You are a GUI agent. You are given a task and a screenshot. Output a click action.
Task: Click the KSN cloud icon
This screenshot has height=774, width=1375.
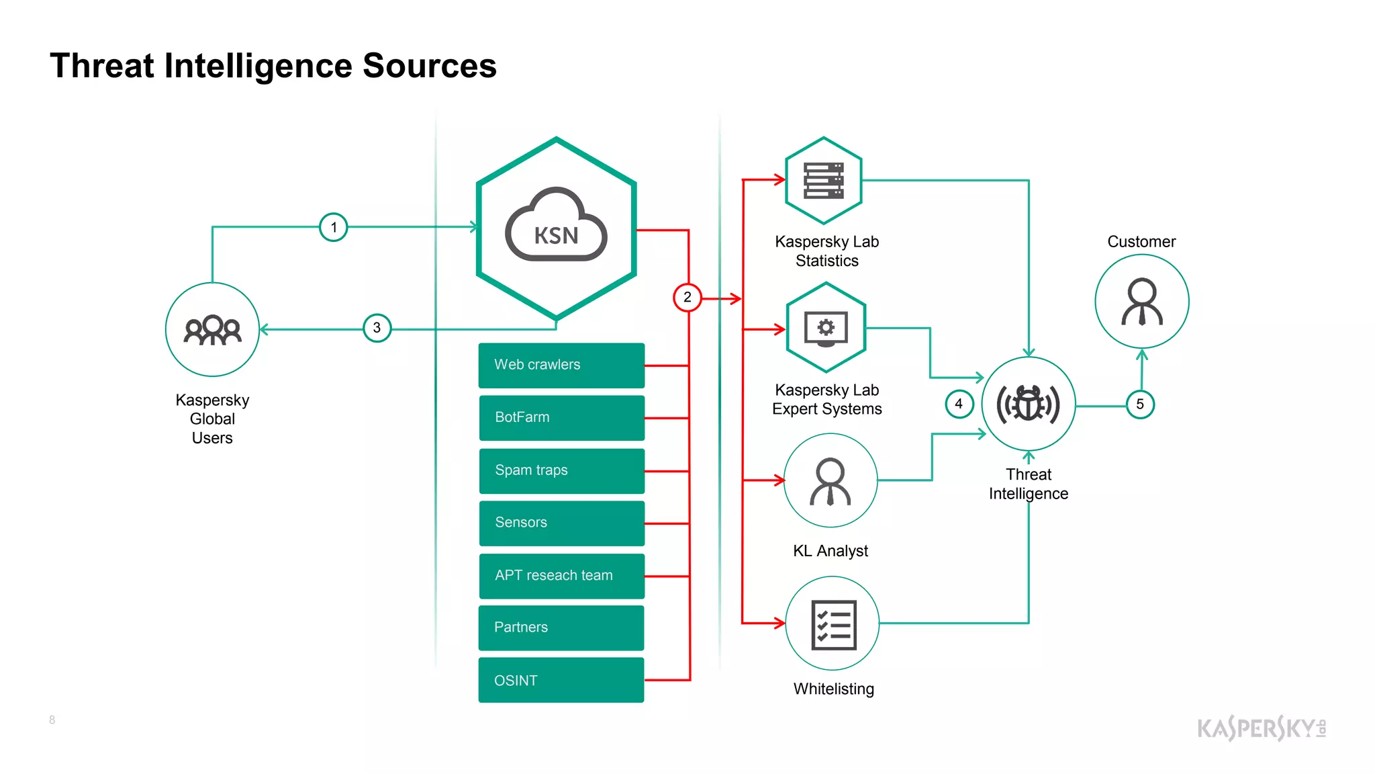point(556,227)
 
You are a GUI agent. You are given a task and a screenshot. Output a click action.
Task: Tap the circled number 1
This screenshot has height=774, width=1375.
point(334,227)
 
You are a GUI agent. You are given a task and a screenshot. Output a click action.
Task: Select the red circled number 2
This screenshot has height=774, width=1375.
point(687,297)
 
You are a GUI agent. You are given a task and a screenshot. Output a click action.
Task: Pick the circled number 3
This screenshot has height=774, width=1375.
point(377,328)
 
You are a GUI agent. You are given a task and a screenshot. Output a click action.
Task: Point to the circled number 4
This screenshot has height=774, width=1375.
point(959,404)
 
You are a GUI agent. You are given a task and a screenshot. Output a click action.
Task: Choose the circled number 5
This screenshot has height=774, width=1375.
point(1140,404)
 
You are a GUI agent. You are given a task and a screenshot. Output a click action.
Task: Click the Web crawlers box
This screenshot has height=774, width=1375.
point(561,365)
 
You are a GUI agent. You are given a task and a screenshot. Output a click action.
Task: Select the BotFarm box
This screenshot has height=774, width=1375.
point(561,417)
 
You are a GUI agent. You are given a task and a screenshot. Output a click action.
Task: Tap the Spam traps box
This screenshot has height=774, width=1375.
point(561,470)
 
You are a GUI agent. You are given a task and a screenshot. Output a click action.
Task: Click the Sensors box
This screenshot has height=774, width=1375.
point(561,523)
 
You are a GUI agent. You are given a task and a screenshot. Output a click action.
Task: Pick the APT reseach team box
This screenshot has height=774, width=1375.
point(561,576)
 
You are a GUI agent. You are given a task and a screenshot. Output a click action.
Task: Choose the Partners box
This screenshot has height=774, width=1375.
point(561,628)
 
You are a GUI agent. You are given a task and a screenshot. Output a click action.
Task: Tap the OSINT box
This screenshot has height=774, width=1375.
point(561,680)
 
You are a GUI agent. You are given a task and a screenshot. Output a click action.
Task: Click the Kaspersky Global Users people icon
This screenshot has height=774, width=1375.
point(212,329)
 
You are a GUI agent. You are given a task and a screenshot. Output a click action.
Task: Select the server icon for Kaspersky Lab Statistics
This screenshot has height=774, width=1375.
point(824,180)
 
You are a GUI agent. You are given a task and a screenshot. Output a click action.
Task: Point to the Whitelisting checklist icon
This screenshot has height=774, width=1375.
point(833,624)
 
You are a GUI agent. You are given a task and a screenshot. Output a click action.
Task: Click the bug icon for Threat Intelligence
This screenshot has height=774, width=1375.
point(1028,404)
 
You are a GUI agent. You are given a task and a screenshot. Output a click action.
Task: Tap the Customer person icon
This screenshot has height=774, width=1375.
point(1141,301)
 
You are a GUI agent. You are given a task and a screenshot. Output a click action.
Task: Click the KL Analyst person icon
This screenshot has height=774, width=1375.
point(831,480)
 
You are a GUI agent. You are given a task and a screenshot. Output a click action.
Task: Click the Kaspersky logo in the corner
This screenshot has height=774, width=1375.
point(1261,728)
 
